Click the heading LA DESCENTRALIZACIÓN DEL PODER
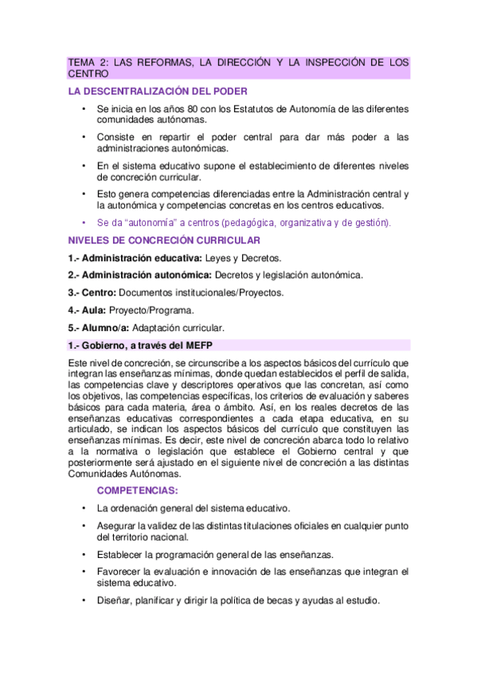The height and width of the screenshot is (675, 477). pos(158,91)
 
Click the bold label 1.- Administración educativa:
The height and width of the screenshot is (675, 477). pos(135,258)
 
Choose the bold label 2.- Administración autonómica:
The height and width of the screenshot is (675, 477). pos(140,275)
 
